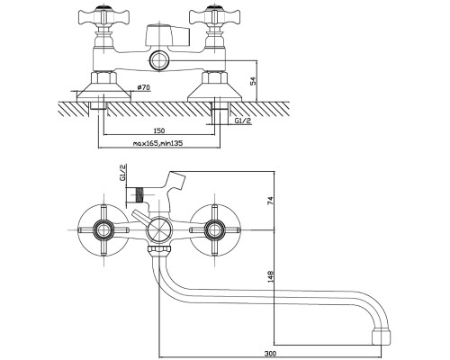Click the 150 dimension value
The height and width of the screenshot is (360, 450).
[159, 130]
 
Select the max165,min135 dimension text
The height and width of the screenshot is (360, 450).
[157, 143]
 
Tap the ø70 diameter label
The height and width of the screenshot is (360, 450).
[144, 87]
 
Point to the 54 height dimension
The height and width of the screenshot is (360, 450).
[254, 81]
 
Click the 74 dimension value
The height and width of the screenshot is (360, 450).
[270, 201]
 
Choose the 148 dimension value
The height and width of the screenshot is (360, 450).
[271, 276]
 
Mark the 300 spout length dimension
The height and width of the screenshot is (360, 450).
[271, 354]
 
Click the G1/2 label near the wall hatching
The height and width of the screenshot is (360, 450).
[243, 121]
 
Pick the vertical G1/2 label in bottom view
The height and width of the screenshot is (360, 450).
[122, 173]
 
